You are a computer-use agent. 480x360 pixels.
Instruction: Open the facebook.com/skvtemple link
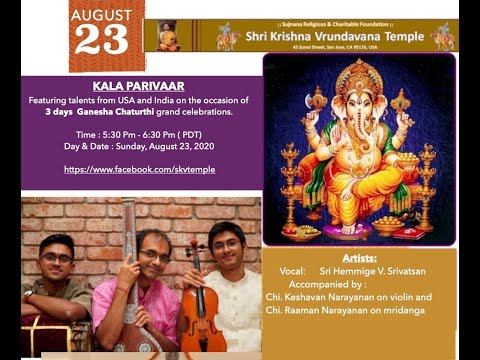[x=139, y=169]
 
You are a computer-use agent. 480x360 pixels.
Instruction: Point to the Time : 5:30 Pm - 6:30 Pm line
[x=141, y=133]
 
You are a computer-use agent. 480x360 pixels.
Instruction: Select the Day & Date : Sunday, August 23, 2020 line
[x=141, y=146]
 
